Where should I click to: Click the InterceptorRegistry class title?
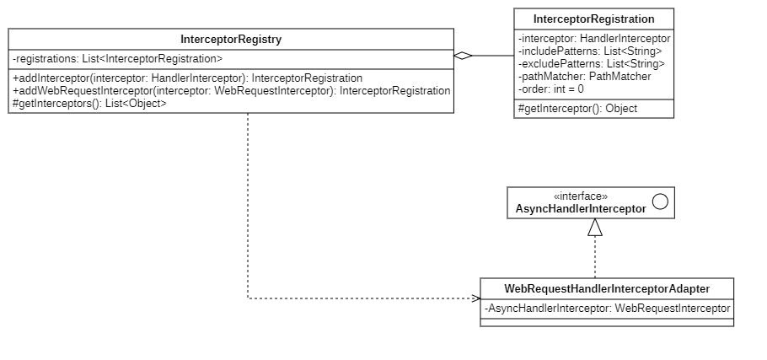point(231,40)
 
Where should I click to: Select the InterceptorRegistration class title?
point(594,19)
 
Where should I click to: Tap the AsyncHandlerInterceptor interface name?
point(581,207)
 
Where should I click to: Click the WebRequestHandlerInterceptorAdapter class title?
point(607,288)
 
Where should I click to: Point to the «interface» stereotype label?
point(581,196)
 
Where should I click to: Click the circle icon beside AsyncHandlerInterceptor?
point(660,201)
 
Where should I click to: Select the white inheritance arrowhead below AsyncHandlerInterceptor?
point(595,227)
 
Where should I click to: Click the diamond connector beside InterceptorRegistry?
point(462,56)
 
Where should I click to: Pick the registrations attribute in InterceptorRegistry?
point(118,59)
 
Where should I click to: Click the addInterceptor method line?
point(187,78)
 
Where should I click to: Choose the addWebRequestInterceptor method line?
point(232,90)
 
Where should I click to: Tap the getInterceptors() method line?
point(89,103)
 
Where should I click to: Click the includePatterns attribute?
point(590,51)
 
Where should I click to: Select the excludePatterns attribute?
point(591,64)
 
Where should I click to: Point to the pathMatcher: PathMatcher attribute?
point(584,77)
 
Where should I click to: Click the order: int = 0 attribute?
point(551,89)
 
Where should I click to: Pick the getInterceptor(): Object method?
point(577,108)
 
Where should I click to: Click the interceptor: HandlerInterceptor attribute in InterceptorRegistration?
point(594,39)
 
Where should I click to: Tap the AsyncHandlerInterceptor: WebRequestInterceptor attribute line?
point(607,309)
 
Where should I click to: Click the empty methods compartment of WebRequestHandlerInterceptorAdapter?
point(607,322)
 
